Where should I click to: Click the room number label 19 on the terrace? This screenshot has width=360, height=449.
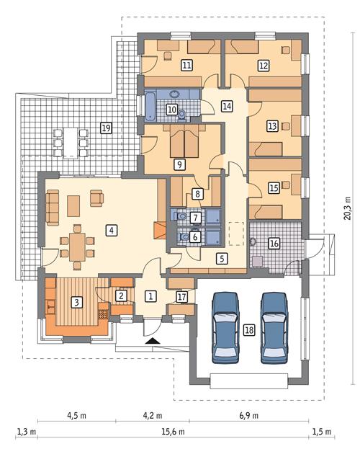coord(106,128)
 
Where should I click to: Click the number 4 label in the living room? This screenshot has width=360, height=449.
coord(111,231)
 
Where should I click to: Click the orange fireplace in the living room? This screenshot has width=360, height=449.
coord(161,231)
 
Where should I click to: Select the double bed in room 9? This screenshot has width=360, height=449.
coord(178,141)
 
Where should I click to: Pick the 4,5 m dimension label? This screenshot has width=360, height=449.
coord(77,416)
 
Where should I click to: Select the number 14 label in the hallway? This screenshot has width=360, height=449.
coord(227,106)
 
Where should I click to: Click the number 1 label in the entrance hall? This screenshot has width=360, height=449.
coord(150,295)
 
